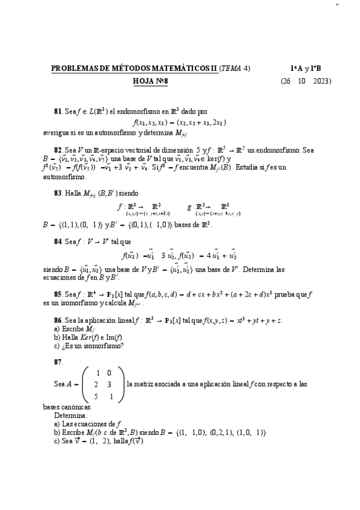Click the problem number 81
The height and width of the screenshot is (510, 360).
(58, 111)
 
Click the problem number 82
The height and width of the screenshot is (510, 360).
(58, 149)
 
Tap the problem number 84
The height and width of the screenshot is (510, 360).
(58, 241)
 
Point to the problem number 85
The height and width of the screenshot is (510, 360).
(58, 293)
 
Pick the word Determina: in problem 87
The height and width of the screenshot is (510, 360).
(70, 415)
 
